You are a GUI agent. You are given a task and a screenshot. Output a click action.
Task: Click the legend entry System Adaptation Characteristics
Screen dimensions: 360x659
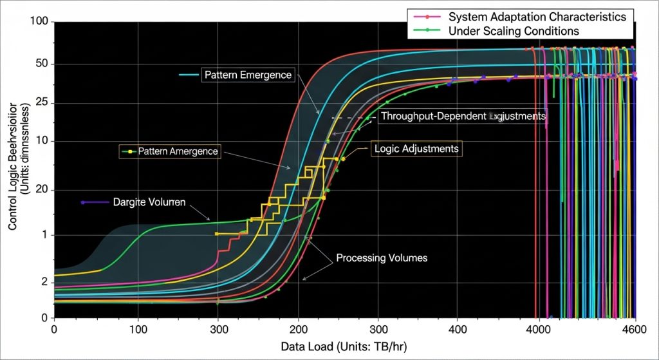(537, 17)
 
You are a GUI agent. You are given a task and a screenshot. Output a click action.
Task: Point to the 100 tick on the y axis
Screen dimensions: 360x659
(39, 22)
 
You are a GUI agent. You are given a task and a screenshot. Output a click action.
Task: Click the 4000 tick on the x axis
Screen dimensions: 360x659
(537, 330)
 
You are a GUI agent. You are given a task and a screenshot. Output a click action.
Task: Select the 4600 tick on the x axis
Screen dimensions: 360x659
(634, 330)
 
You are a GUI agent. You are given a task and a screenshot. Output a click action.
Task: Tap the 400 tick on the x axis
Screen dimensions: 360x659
(458, 330)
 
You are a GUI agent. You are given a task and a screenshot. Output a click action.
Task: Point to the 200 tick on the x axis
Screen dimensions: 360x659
(298, 330)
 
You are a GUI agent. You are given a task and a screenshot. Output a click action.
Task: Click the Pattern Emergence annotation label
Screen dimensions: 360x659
(248, 75)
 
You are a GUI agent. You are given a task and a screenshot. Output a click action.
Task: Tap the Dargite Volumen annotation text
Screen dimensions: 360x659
(149, 202)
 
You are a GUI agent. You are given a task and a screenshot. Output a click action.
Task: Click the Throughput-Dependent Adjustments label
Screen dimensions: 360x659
(463, 117)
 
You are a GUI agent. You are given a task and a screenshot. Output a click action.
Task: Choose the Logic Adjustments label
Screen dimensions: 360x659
(416, 149)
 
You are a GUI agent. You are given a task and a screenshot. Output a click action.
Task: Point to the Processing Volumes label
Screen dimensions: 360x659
(382, 258)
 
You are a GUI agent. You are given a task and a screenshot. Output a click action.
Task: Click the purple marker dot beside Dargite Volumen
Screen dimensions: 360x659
(83, 202)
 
